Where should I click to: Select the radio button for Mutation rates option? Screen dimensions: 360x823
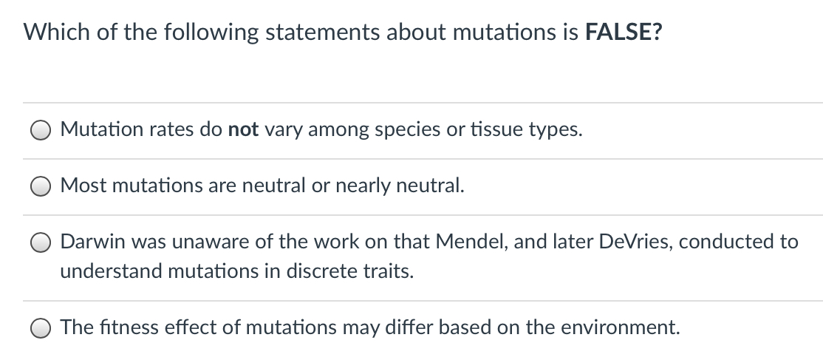(41, 131)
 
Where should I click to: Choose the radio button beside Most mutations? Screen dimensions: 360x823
(41, 187)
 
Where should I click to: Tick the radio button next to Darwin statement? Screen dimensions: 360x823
(41, 243)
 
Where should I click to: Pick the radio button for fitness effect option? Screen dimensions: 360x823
(41, 327)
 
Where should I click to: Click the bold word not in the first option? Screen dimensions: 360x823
(243, 130)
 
